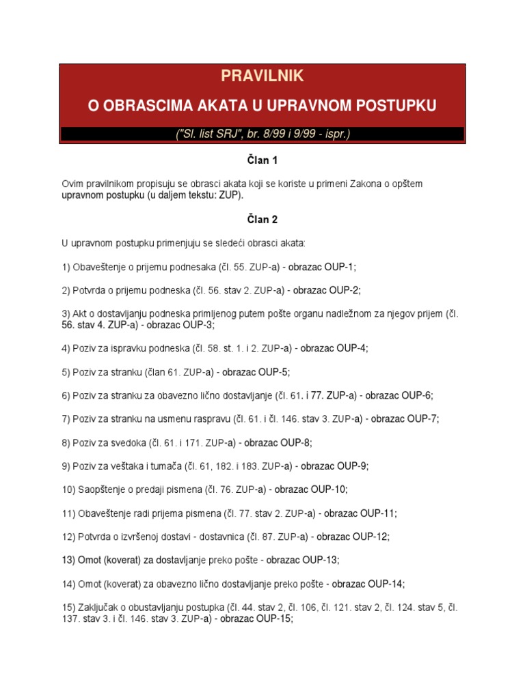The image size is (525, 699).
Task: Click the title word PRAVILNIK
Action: pos(262,76)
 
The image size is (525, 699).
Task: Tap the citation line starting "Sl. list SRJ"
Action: pos(262,134)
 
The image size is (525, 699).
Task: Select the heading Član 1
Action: pos(262,161)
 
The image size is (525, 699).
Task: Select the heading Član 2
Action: pos(262,220)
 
